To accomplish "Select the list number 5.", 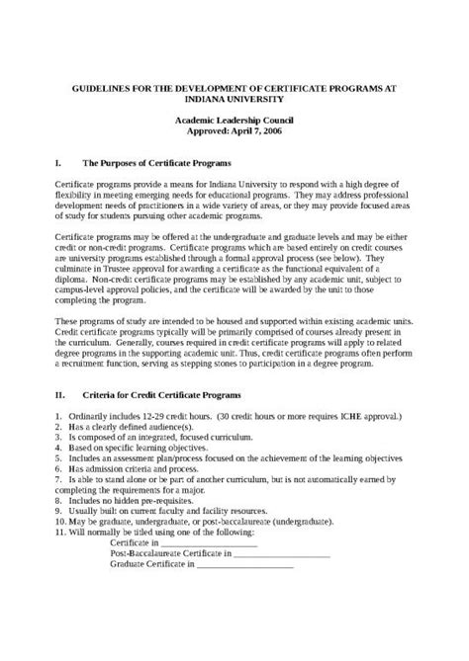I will pyautogui.click(x=58, y=459).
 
